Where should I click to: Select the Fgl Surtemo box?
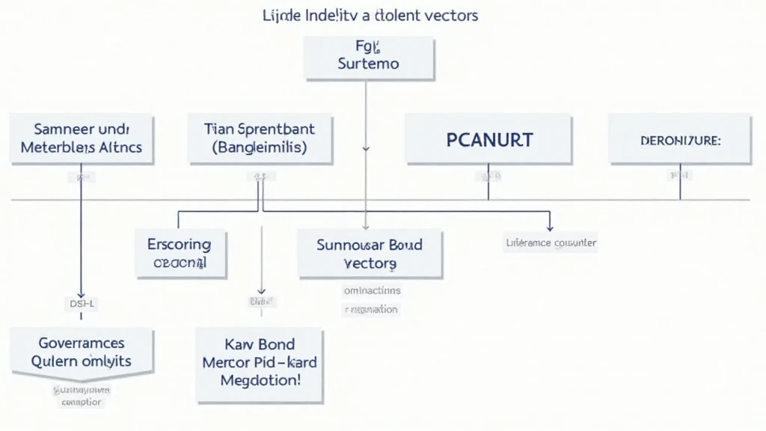[369, 58]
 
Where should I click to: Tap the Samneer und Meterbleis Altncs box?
[82, 138]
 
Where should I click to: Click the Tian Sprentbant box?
[259, 138]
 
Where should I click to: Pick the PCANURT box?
[489, 139]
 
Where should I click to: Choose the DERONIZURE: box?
[679, 139]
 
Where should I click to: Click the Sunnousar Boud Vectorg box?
[370, 254]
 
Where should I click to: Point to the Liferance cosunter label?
[551, 242]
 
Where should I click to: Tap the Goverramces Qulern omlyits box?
[82, 351]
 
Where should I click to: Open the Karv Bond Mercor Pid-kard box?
[259, 363]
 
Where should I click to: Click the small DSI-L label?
[82, 304]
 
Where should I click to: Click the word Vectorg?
[370, 263]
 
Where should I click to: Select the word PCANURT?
[489, 139]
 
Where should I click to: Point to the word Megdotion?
[259, 381]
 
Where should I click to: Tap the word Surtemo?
[369, 64]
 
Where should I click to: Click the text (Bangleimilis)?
[259, 148]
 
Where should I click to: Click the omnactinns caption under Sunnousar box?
[372, 290]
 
